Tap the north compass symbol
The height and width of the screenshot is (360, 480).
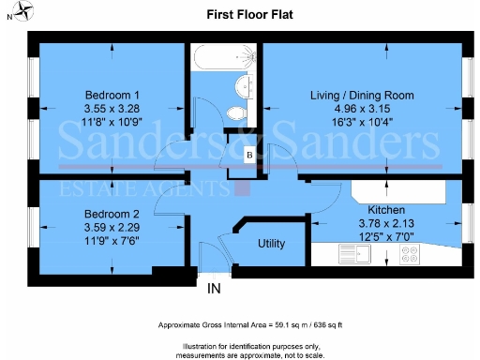(x=12, y=13)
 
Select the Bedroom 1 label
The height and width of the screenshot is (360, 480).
(x=112, y=96)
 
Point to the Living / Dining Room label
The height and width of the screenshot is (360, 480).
(x=362, y=96)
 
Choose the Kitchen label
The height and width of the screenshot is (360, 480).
(x=386, y=210)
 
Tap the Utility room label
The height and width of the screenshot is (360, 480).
(x=271, y=244)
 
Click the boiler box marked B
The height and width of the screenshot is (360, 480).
(x=248, y=155)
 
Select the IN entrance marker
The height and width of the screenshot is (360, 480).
(x=215, y=289)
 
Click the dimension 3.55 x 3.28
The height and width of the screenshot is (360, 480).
(x=112, y=109)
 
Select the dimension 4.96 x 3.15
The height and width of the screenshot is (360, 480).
(x=362, y=109)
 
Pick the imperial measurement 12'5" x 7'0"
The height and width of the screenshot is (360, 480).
(x=386, y=236)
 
